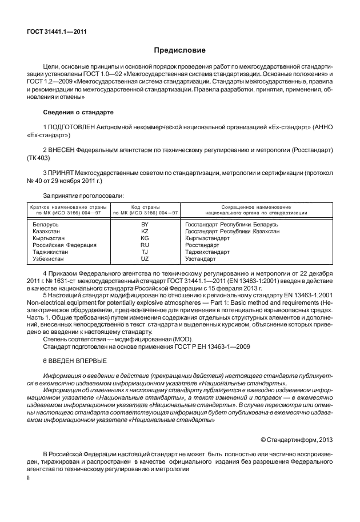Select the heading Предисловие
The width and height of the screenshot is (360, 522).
tap(179, 50)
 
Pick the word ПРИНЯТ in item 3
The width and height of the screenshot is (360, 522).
tap(63, 173)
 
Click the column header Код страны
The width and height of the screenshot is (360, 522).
tap(145, 206)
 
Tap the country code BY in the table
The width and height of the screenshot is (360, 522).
tap(145, 225)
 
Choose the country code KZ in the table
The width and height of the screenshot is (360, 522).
tap(145, 232)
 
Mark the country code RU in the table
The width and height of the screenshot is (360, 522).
tap(145, 245)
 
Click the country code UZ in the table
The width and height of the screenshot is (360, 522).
tap(145, 258)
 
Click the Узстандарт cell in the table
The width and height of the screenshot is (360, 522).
tap(201, 258)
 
